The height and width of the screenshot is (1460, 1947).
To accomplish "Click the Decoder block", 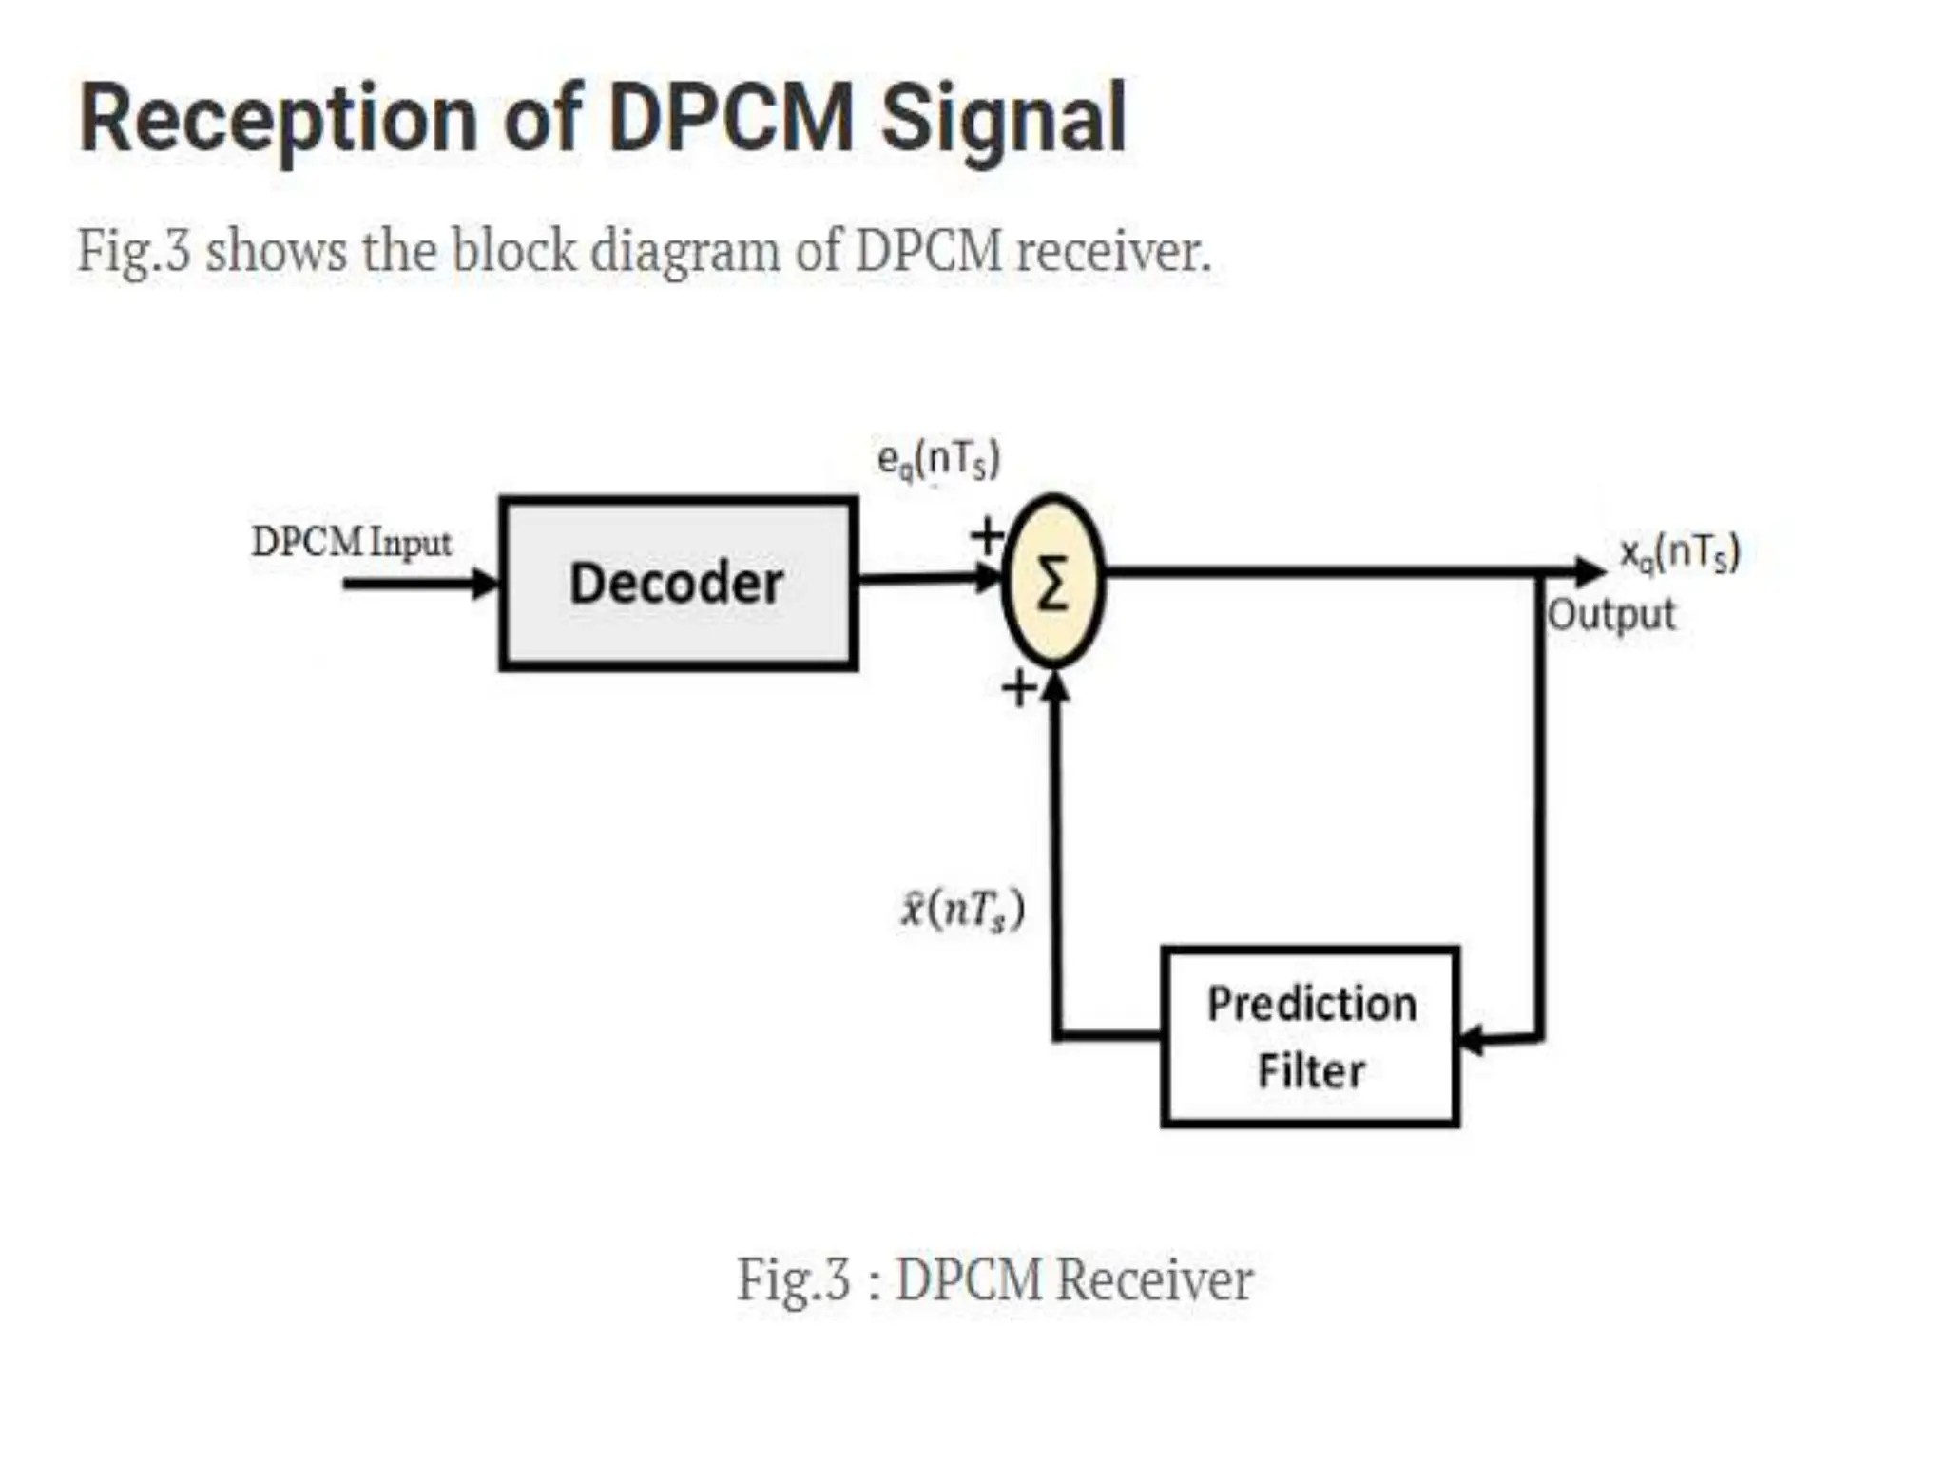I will pos(678,584).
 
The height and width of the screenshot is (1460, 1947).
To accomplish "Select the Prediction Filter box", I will pos(1310,1036).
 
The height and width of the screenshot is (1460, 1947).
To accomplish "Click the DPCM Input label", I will pos(351,543).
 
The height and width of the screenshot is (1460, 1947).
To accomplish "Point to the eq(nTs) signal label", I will pos(938,460).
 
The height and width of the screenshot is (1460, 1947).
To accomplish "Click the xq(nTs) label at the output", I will pos(1680,552).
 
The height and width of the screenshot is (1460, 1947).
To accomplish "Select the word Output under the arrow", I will pos(1611,615).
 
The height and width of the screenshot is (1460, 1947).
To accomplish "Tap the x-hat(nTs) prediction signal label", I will pos(962,910).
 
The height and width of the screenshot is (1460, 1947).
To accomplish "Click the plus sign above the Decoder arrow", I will pos(987,535).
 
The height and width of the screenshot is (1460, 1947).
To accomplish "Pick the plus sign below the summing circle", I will pos(1019,688).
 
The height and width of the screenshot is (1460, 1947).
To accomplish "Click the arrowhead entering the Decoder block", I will pos(486,583).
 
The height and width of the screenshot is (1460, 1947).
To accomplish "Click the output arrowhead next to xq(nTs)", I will pos(1589,571).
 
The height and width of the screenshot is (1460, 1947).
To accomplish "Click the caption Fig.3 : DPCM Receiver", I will pos(994,1279).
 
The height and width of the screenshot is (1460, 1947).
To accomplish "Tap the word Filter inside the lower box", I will pos(1311,1071).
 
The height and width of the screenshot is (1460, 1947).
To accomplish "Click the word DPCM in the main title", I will pos(730,119).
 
